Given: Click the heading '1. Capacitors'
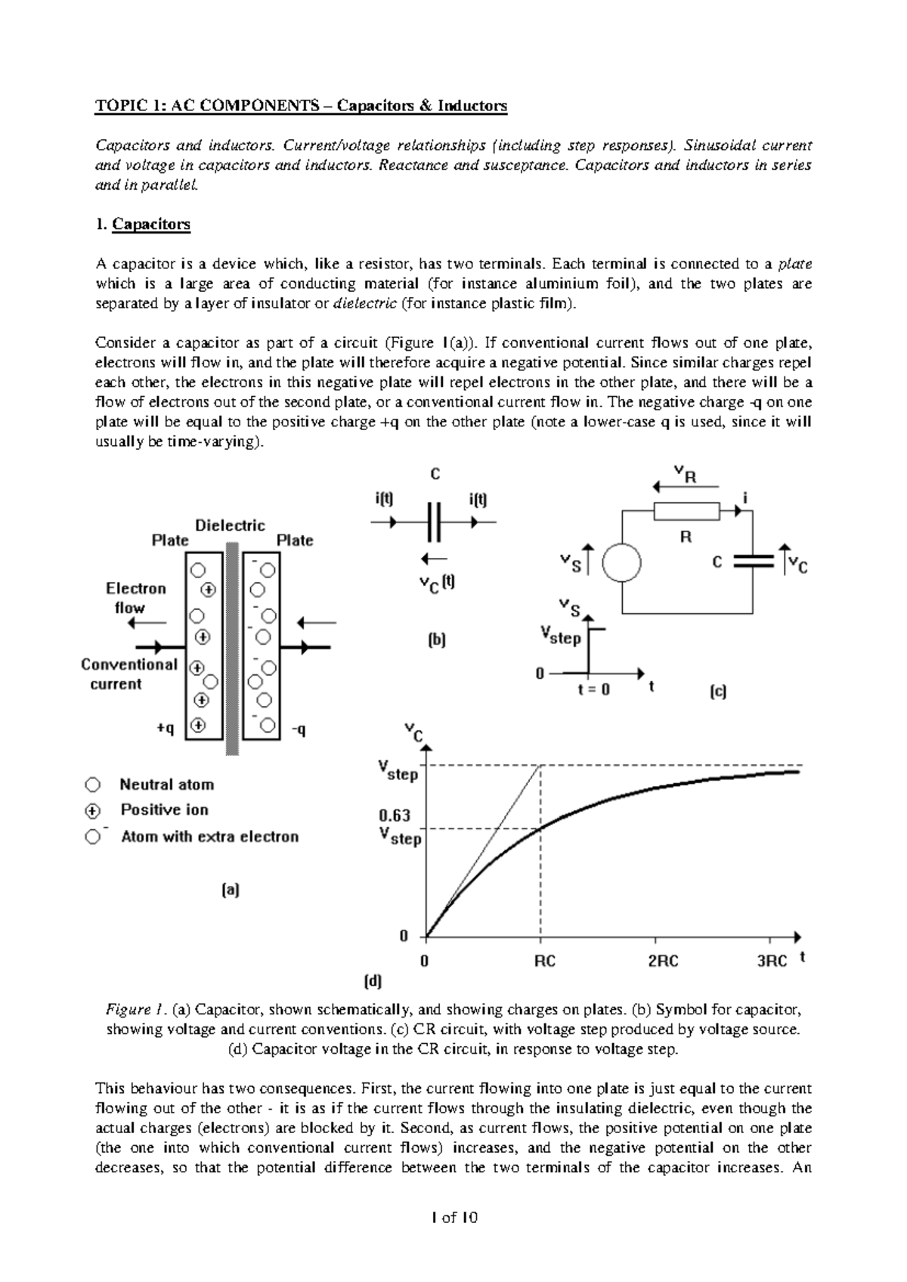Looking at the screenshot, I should pos(143,225).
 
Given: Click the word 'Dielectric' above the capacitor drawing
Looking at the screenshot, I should pos(230,525).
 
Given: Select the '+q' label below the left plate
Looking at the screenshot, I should pos(166,729).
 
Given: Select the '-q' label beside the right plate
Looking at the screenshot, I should pos(299,730).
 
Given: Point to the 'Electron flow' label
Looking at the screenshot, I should pos(135,598).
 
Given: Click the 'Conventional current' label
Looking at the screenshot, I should pos(128,674).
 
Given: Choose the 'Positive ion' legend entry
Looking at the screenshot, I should pos(164,810).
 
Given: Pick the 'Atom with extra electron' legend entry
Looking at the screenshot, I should pos(209,837).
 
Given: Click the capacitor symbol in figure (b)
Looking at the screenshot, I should pos(433,522).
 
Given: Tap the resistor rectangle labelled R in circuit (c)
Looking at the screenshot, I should pos(686,512).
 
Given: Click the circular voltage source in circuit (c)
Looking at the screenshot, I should pos(622,563).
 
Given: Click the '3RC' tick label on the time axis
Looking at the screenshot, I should pos(772,961).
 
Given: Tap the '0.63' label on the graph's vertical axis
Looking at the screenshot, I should pos(395,816).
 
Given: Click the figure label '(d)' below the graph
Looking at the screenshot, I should pos(373,983).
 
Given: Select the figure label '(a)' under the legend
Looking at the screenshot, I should pos(230,890).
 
